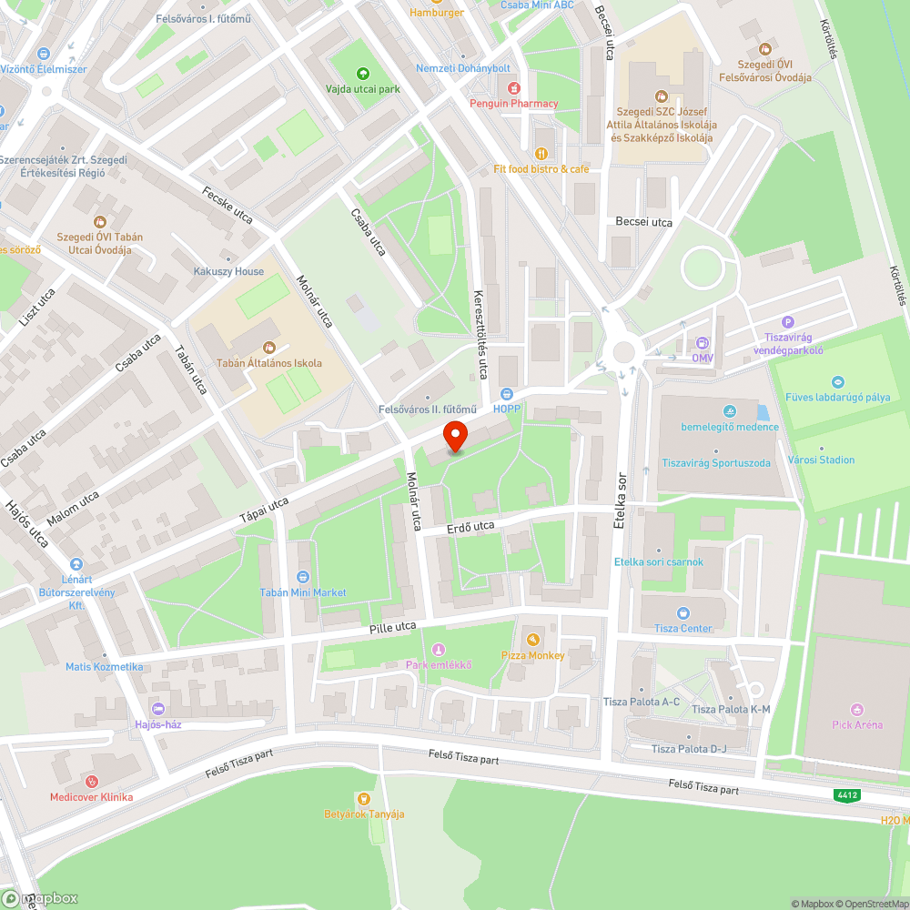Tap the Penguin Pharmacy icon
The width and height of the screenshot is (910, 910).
coord(514,87)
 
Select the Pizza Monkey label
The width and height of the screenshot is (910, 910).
coord(532,655)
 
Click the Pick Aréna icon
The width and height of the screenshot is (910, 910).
coord(856,709)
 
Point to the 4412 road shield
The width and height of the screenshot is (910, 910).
coord(846,795)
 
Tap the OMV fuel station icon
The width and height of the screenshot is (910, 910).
coord(702,342)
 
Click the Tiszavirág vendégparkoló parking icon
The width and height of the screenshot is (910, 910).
coord(788,321)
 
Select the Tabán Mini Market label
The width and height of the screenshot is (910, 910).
coord(303,592)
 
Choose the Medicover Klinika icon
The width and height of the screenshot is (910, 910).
coord(91,781)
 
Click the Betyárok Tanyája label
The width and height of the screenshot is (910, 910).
coord(364,814)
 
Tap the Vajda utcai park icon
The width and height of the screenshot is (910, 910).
coord(363,74)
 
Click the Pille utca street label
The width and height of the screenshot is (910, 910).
coord(392,627)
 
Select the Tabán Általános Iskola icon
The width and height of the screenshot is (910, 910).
coord(268,347)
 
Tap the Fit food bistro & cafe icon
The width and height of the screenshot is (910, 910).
coord(541,153)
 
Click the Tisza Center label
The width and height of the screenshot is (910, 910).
coord(683,628)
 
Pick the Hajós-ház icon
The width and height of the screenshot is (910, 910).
coord(159,709)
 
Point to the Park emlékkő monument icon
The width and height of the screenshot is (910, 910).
coord(439,649)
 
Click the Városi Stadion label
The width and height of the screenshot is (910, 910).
coord(821,460)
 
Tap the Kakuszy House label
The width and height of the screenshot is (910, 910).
coord(228,271)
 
